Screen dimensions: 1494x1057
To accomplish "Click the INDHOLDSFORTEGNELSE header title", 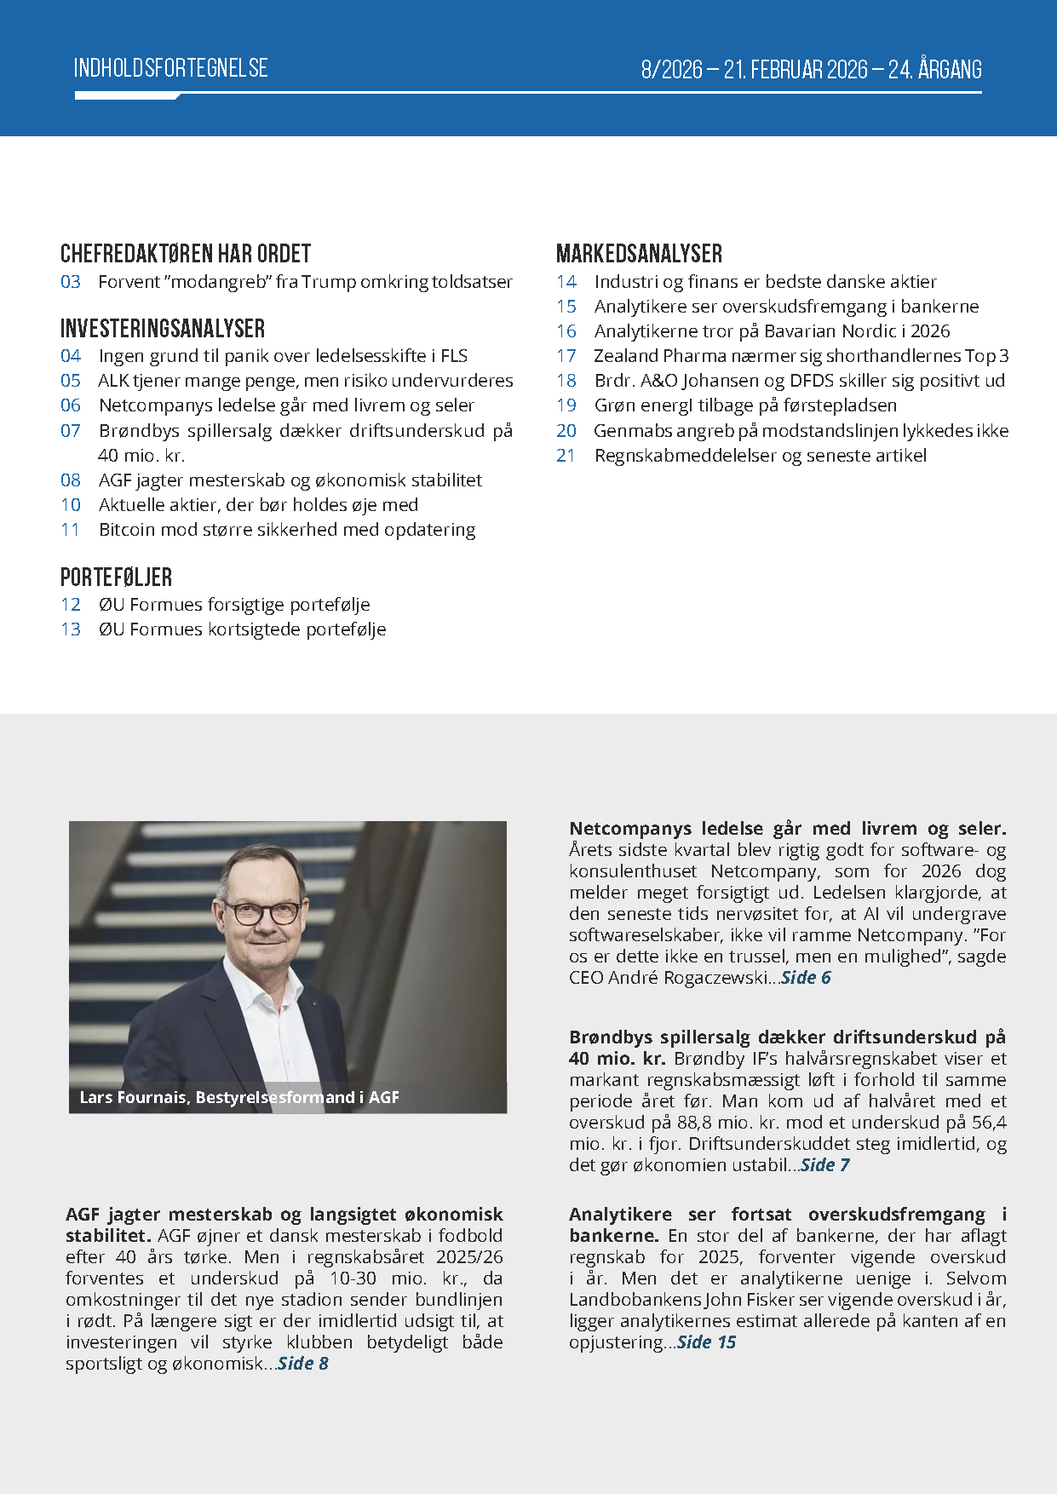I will (x=170, y=68).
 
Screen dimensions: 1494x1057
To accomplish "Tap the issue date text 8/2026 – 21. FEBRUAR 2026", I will (x=756, y=69).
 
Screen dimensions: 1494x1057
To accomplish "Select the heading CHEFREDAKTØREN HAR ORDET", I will (x=186, y=254).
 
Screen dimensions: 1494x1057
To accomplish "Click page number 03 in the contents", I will (x=71, y=282).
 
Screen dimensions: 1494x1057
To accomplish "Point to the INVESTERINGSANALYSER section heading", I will (x=163, y=329).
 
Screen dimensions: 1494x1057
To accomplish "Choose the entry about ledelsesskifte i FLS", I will (x=283, y=356).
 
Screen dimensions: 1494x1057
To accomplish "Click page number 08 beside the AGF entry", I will (x=71, y=480).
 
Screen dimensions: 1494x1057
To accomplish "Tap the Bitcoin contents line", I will (x=287, y=530).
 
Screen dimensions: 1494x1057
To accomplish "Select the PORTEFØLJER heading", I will (x=116, y=577).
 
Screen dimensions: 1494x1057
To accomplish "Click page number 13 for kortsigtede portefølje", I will (x=71, y=629).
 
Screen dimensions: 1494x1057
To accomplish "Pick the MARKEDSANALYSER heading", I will (x=639, y=254).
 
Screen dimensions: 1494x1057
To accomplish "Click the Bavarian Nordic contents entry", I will (x=772, y=331).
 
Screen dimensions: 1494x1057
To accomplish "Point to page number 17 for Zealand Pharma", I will (x=566, y=356).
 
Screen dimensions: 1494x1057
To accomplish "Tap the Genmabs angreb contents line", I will (x=801, y=431).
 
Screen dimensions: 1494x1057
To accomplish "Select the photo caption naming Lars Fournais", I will (x=239, y=1097).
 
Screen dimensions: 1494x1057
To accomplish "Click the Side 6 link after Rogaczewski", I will (x=806, y=978).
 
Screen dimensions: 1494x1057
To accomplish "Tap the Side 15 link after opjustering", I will (x=706, y=1342).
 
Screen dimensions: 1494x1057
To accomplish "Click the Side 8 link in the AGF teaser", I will (x=303, y=1364).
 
